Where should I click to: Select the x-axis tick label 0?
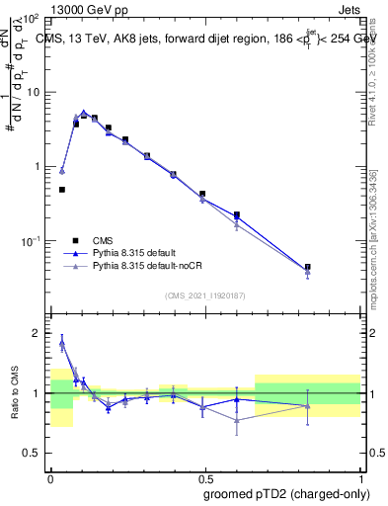[50, 476]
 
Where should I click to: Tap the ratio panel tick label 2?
[37, 334]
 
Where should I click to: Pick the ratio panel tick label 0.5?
[32, 453]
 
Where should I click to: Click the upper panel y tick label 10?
[34, 92]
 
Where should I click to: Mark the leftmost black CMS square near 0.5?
[62, 189]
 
